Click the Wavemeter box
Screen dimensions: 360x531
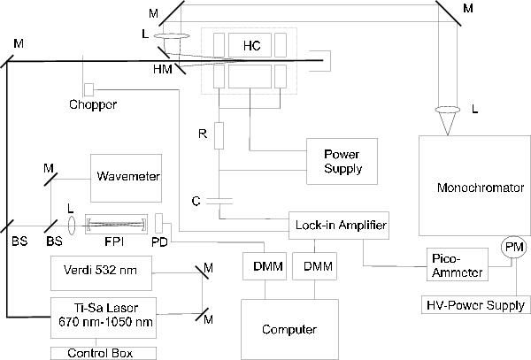point(127,176)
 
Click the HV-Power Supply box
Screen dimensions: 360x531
point(475,305)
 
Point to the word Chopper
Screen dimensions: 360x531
point(92,106)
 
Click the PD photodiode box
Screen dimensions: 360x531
point(159,221)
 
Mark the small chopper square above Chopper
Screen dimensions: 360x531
point(89,89)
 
